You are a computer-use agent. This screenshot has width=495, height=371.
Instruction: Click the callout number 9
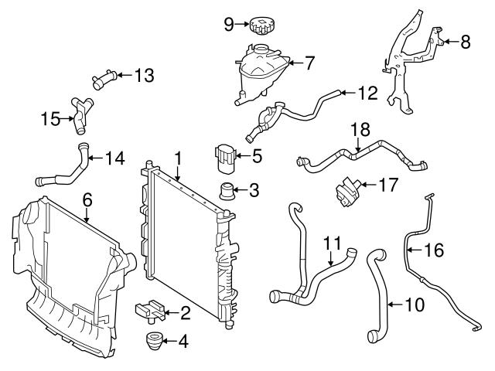click(229, 24)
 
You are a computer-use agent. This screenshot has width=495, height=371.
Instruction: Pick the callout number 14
click(114, 160)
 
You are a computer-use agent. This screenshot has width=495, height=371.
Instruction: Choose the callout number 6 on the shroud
click(87, 200)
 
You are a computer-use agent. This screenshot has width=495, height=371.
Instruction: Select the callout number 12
click(368, 94)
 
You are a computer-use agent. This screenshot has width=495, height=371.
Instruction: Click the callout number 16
click(435, 250)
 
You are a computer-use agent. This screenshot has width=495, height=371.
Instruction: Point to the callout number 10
click(415, 305)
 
